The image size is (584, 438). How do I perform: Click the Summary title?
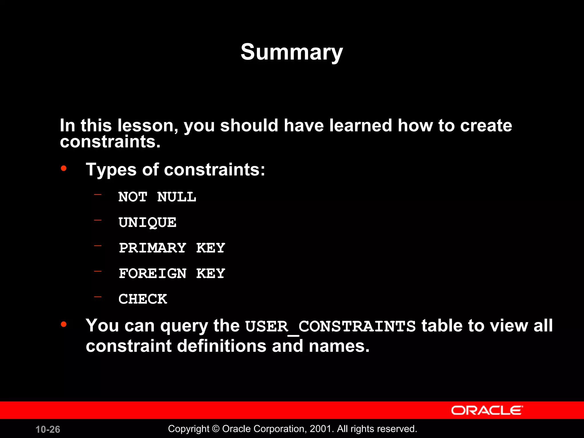pyautogui.click(x=291, y=52)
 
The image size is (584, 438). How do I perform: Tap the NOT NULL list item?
pyautogui.click(x=157, y=197)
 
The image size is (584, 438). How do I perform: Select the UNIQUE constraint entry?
pyautogui.click(x=147, y=222)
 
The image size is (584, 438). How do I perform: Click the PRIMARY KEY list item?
pyautogui.click(x=172, y=248)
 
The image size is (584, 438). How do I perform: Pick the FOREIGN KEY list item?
pyautogui.click(x=172, y=273)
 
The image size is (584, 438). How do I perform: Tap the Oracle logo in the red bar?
pyautogui.click(x=487, y=410)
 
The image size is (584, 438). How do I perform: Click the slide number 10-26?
pyautogui.click(x=48, y=429)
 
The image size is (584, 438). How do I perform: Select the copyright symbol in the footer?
pyautogui.click(x=216, y=429)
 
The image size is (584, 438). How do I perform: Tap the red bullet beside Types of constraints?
pyautogui.click(x=64, y=168)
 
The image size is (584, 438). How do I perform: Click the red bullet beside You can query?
pyautogui.click(x=64, y=324)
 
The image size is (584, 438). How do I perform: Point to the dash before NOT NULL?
pyautogui.click(x=98, y=195)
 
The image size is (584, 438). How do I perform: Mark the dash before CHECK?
pyautogui.click(x=98, y=297)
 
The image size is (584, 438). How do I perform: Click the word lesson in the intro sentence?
pyautogui.click(x=148, y=125)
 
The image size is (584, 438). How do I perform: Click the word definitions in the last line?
pyautogui.click(x=222, y=346)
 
